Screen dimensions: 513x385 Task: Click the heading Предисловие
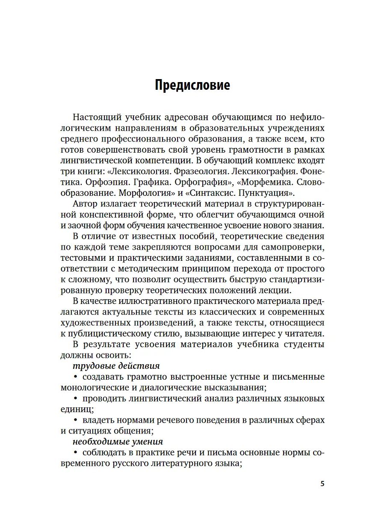tap(192, 85)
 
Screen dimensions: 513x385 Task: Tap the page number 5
tap(323, 484)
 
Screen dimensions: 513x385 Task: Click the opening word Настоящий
tap(97, 118)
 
